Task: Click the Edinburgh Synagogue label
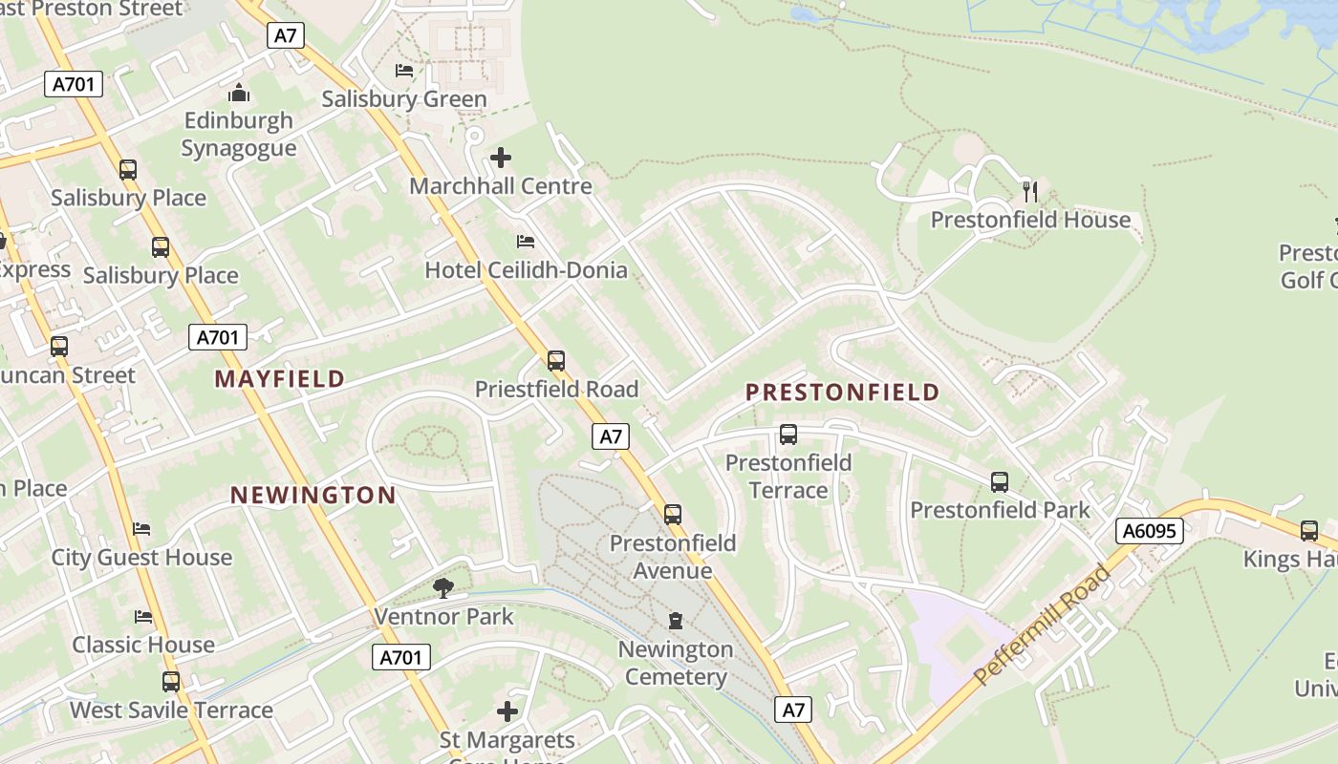tap(239, 135)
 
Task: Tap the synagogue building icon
tap(239, 94)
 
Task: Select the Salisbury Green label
tap(403, 99)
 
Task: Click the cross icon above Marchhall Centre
tap(501, 158)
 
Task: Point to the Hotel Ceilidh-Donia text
tap(526, 270)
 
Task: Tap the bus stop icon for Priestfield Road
tap(556, 361)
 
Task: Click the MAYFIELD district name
tap(279, 379)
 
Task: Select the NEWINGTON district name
tap(313, 495)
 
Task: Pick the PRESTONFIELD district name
tap(842, 393)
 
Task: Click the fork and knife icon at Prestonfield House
tap(1030, 192)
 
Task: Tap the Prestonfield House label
tap(1030, 221)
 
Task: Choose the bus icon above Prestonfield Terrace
tap(788, 435)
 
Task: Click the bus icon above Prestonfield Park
tap(1000, 482)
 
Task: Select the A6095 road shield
tap(1149, 531)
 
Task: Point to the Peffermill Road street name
tap(1043, 626)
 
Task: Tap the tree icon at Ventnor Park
tap(442, 588)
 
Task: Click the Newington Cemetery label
tap(676, 663)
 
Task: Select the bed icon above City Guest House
tap(142, 529)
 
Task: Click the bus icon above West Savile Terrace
tap(171, 682)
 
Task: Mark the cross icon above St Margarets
tap(507, 711)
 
